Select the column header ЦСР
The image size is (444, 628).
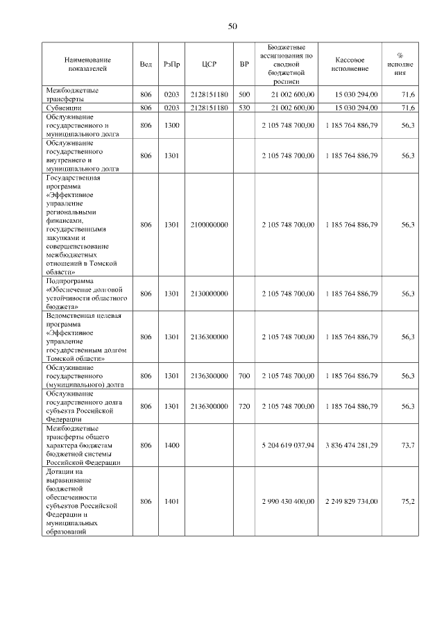[x=210, y=64]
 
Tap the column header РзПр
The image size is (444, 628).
[x=172, y=64]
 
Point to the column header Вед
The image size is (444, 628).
[x=146, y=64]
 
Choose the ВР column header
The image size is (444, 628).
[x=244, y=64]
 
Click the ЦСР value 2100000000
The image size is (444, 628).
[x=210, y=225]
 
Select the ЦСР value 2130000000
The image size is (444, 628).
[x=210, y=294]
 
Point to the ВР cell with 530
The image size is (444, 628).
[x=244, y=108]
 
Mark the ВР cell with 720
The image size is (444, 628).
[x=244, y=406]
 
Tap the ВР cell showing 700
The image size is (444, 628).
[x=244, y=375]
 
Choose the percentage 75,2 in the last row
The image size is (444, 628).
[x=408, y=501]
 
